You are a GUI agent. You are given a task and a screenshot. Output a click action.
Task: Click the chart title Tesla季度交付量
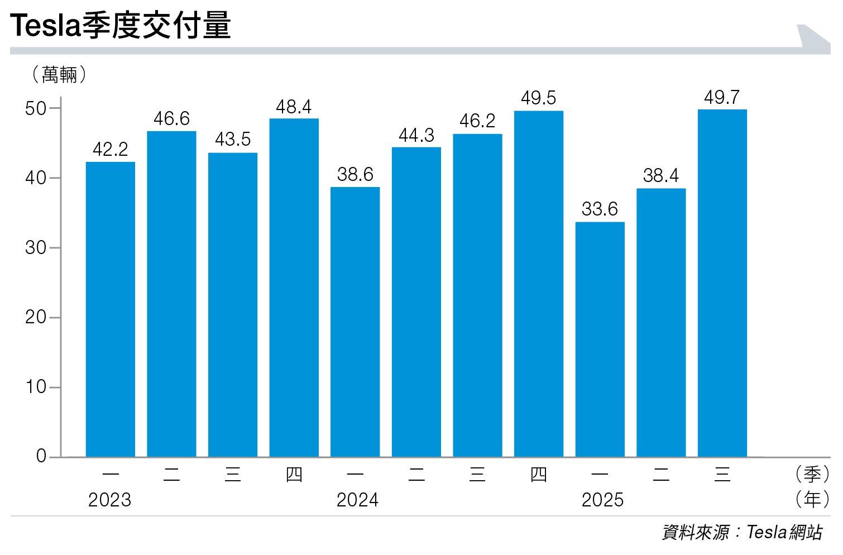[121, 26]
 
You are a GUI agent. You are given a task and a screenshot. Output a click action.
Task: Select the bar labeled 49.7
[722, 283]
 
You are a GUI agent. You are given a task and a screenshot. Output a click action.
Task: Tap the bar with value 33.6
[600, 339]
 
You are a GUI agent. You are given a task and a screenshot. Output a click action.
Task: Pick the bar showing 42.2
[111, 309]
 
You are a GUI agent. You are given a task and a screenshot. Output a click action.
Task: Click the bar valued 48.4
[294, 288]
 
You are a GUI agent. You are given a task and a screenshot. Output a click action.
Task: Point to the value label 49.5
[538, 98]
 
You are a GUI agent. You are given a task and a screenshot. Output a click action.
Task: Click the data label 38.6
[355, 175]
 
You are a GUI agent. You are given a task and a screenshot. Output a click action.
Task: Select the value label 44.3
[416, 136]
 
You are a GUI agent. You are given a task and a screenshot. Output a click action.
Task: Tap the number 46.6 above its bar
[171, 119]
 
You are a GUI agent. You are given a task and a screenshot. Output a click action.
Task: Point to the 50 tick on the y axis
[36, 108]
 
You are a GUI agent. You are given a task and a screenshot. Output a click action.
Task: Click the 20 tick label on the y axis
[36, 317]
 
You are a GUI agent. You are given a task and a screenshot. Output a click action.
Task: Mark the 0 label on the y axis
[41, 456]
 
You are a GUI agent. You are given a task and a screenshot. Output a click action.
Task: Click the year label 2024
[357, 500]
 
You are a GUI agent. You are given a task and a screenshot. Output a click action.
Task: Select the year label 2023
[109, 500]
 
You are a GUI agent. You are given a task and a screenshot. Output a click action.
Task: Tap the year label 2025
[602, 500]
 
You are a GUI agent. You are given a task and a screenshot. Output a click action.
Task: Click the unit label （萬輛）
[59, 74]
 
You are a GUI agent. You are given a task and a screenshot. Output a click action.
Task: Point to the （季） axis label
[812, 475]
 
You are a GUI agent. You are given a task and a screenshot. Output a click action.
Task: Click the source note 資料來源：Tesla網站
[742, 533]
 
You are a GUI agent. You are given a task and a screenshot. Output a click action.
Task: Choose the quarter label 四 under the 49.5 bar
[538, 475]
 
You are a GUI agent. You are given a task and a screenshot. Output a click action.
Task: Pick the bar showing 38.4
[661, 323]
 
